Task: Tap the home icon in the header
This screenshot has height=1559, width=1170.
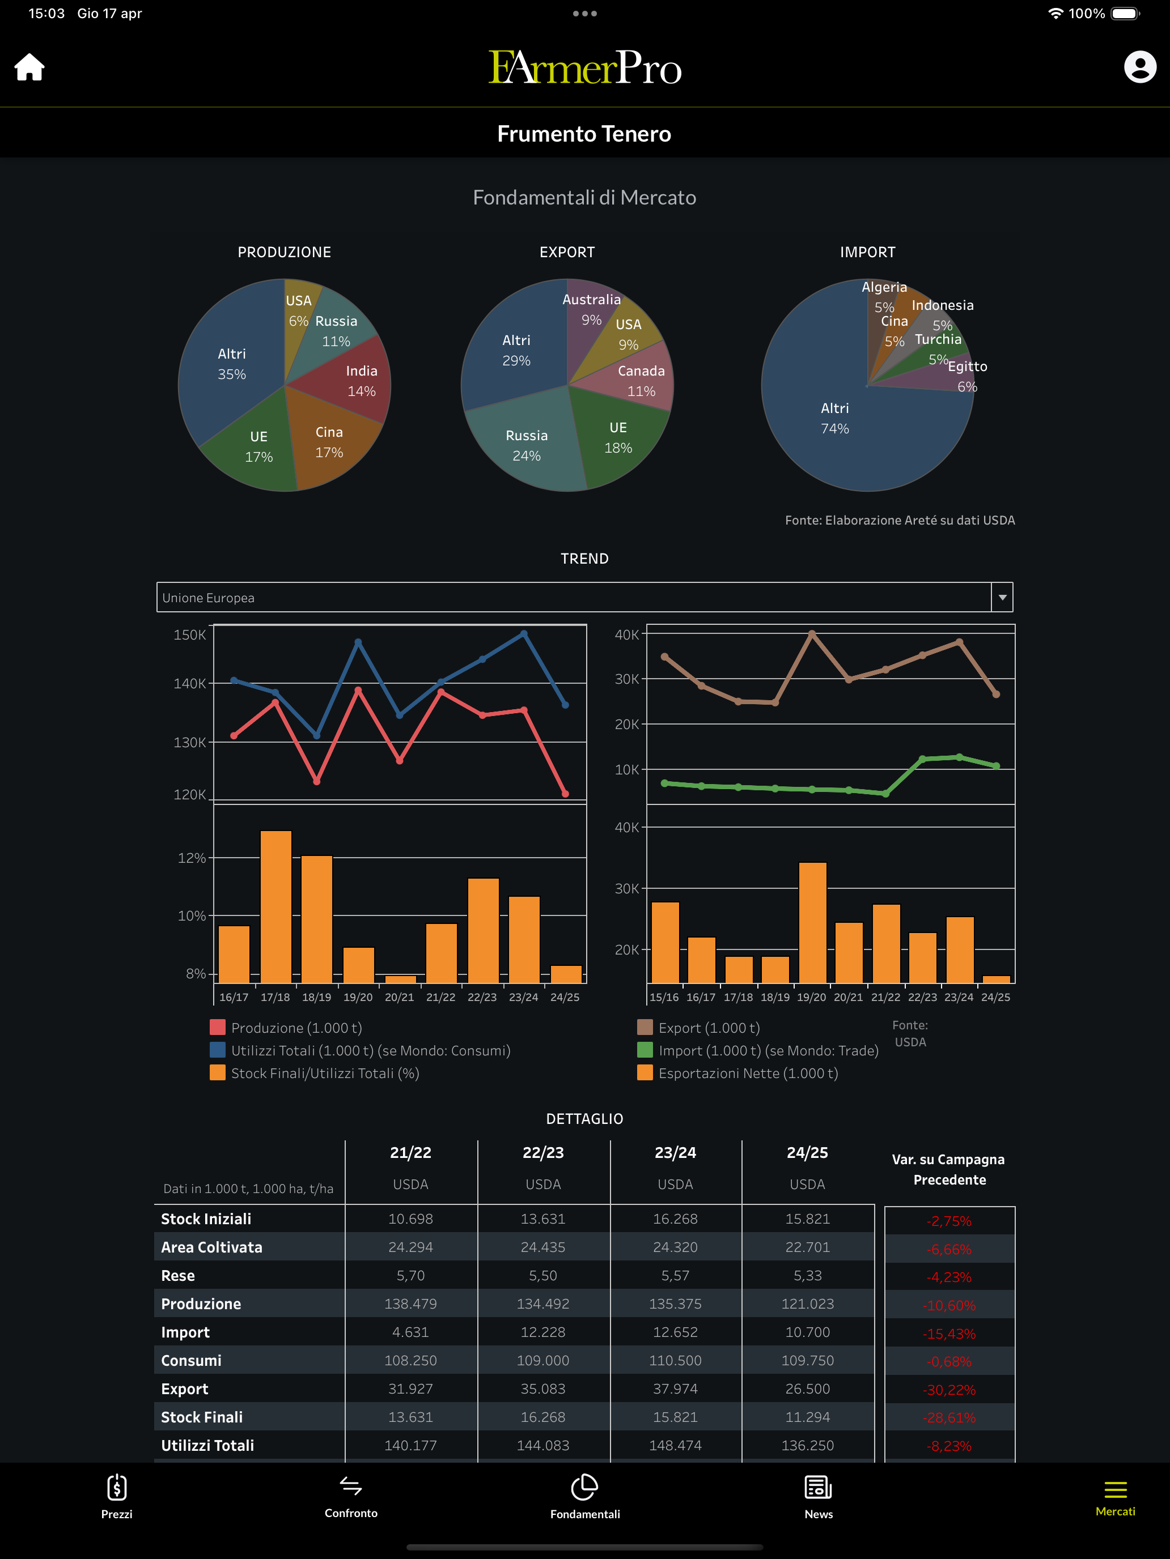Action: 29,67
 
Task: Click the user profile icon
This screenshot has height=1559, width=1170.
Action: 1140,67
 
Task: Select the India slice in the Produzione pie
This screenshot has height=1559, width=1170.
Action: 353,381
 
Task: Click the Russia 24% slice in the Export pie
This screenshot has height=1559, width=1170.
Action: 525,441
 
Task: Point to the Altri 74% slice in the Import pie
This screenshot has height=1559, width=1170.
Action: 846,423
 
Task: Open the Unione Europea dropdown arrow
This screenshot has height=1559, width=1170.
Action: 1002,598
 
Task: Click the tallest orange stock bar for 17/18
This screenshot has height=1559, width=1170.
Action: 275,906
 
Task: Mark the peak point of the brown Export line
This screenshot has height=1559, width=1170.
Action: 812,634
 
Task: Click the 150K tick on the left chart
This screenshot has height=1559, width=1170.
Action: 190,635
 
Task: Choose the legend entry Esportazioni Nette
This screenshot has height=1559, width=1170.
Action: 737,1073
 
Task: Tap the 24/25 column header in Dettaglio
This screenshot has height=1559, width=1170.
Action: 808,1152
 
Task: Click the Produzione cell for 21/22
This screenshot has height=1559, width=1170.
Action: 410,1304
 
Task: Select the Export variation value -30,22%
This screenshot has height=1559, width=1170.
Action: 949,1390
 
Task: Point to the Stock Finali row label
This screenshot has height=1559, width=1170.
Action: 202,1417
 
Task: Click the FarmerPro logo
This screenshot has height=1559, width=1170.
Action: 584,67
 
